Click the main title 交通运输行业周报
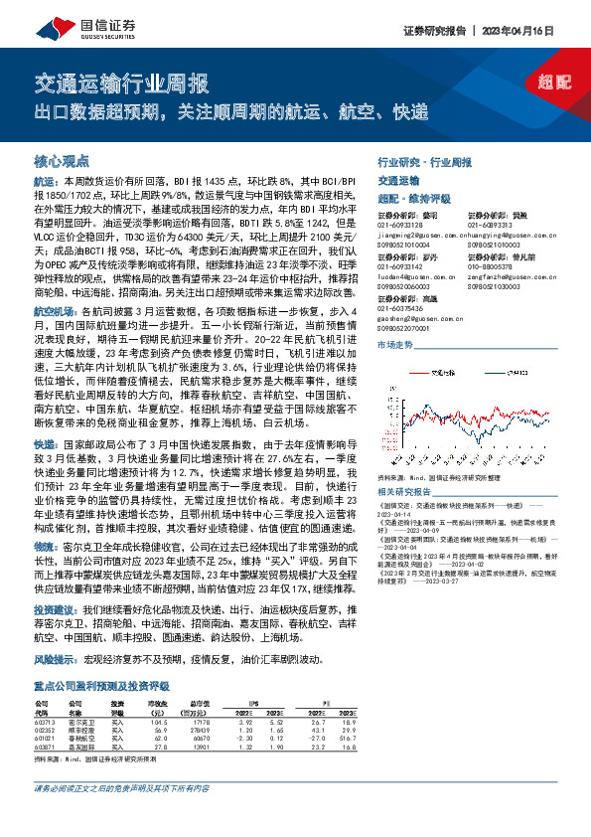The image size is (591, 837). (121, 83)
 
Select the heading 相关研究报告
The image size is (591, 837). (407, 492)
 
